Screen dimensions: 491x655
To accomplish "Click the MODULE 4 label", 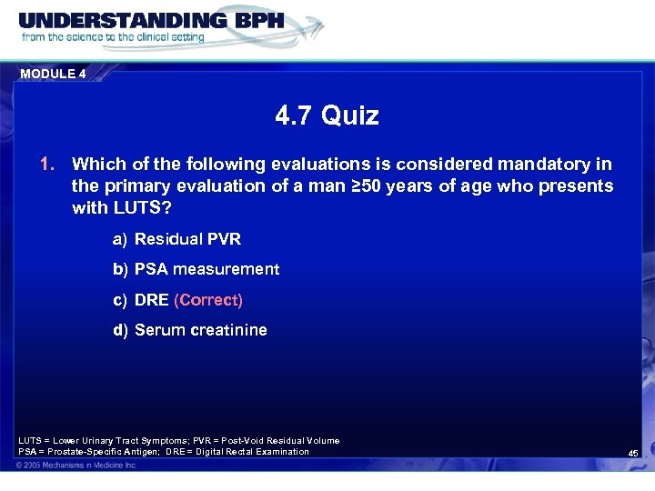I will pos(53,75).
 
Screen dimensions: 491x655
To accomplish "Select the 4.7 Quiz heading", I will pos(327,115).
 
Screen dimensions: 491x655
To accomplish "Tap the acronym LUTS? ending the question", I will pos(146,208).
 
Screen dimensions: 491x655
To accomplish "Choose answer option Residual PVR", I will pos(187,239).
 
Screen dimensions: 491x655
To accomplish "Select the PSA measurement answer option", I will pos(207,269).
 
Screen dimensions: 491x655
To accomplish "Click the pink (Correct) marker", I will pos(208,300).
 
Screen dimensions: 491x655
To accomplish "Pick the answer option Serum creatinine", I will pos(200,330).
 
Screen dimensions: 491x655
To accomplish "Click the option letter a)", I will pos(120,239).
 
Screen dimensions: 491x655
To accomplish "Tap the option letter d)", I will pos(120,330).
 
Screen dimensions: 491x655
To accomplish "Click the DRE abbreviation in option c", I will pos(152,300).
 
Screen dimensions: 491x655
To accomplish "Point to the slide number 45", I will pos(633,453).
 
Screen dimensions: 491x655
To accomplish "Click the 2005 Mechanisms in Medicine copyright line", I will pos(76,466).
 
